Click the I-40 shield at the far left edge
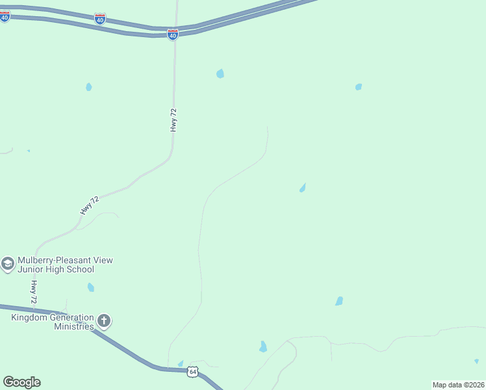(5, 16)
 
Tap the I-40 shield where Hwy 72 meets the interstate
(172, 34)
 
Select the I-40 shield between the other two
(99, 19)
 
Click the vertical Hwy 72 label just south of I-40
(173, 121)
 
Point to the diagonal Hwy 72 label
(90, 205)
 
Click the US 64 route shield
(192, 372)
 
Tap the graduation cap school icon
(8, 264)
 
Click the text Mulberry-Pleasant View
(65, 260)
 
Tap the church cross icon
(104, 320)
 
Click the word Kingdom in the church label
(30, 317)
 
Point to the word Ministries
(74, 326)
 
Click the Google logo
(21, 382)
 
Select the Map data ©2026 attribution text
(458, 385)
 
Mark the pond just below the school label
(91, 287)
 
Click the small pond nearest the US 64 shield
(181, 363)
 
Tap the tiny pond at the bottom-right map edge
(476, 361)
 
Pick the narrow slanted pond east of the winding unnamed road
(302, 188)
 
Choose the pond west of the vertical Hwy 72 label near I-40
(89, 86)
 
